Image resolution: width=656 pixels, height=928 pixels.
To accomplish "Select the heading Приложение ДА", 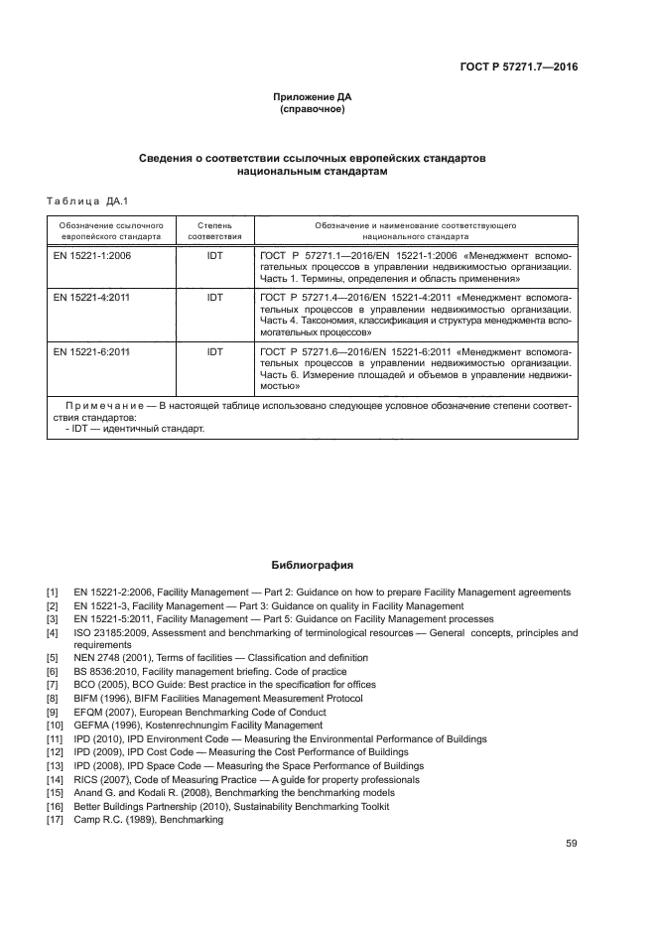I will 313,97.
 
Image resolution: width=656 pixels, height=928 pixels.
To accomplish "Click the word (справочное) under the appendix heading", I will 313,109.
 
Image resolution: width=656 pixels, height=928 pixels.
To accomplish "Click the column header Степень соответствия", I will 214,231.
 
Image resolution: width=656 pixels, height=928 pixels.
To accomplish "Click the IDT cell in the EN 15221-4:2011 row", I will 214,297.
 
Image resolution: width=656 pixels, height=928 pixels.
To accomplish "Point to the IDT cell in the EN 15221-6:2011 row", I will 214,351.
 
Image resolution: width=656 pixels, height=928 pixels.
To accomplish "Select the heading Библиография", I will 313,566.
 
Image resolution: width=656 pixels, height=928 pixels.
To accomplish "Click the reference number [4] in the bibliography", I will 53,632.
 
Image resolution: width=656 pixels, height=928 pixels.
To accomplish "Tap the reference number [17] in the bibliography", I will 55,820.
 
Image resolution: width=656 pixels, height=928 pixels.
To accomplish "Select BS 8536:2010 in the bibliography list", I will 102,672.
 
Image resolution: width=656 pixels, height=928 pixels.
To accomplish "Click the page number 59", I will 571,844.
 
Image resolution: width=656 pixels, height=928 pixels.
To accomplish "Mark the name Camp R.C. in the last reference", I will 94,820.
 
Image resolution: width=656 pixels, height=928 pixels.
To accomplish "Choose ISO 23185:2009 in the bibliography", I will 106,632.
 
